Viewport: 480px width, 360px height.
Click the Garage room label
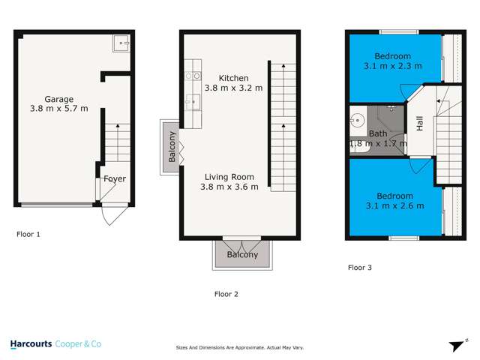click(x=58, y=98)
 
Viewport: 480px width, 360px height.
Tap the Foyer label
click(x=115, y=178)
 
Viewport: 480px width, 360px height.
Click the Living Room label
click(x=229, y=176)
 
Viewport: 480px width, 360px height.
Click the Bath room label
click(x=378, y=133)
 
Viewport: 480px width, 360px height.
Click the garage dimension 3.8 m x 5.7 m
click(x=58, y=109)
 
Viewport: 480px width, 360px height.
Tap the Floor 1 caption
click(x=28, y=234)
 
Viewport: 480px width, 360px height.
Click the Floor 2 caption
click(x=226, y=293)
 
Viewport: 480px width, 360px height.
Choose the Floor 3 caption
click(x=359, y=267)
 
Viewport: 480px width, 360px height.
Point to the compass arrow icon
click(x=454, y=344)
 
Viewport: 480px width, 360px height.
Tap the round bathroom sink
click(x=356, y=120)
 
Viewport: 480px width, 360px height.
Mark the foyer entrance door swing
click(x=109, y=215)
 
